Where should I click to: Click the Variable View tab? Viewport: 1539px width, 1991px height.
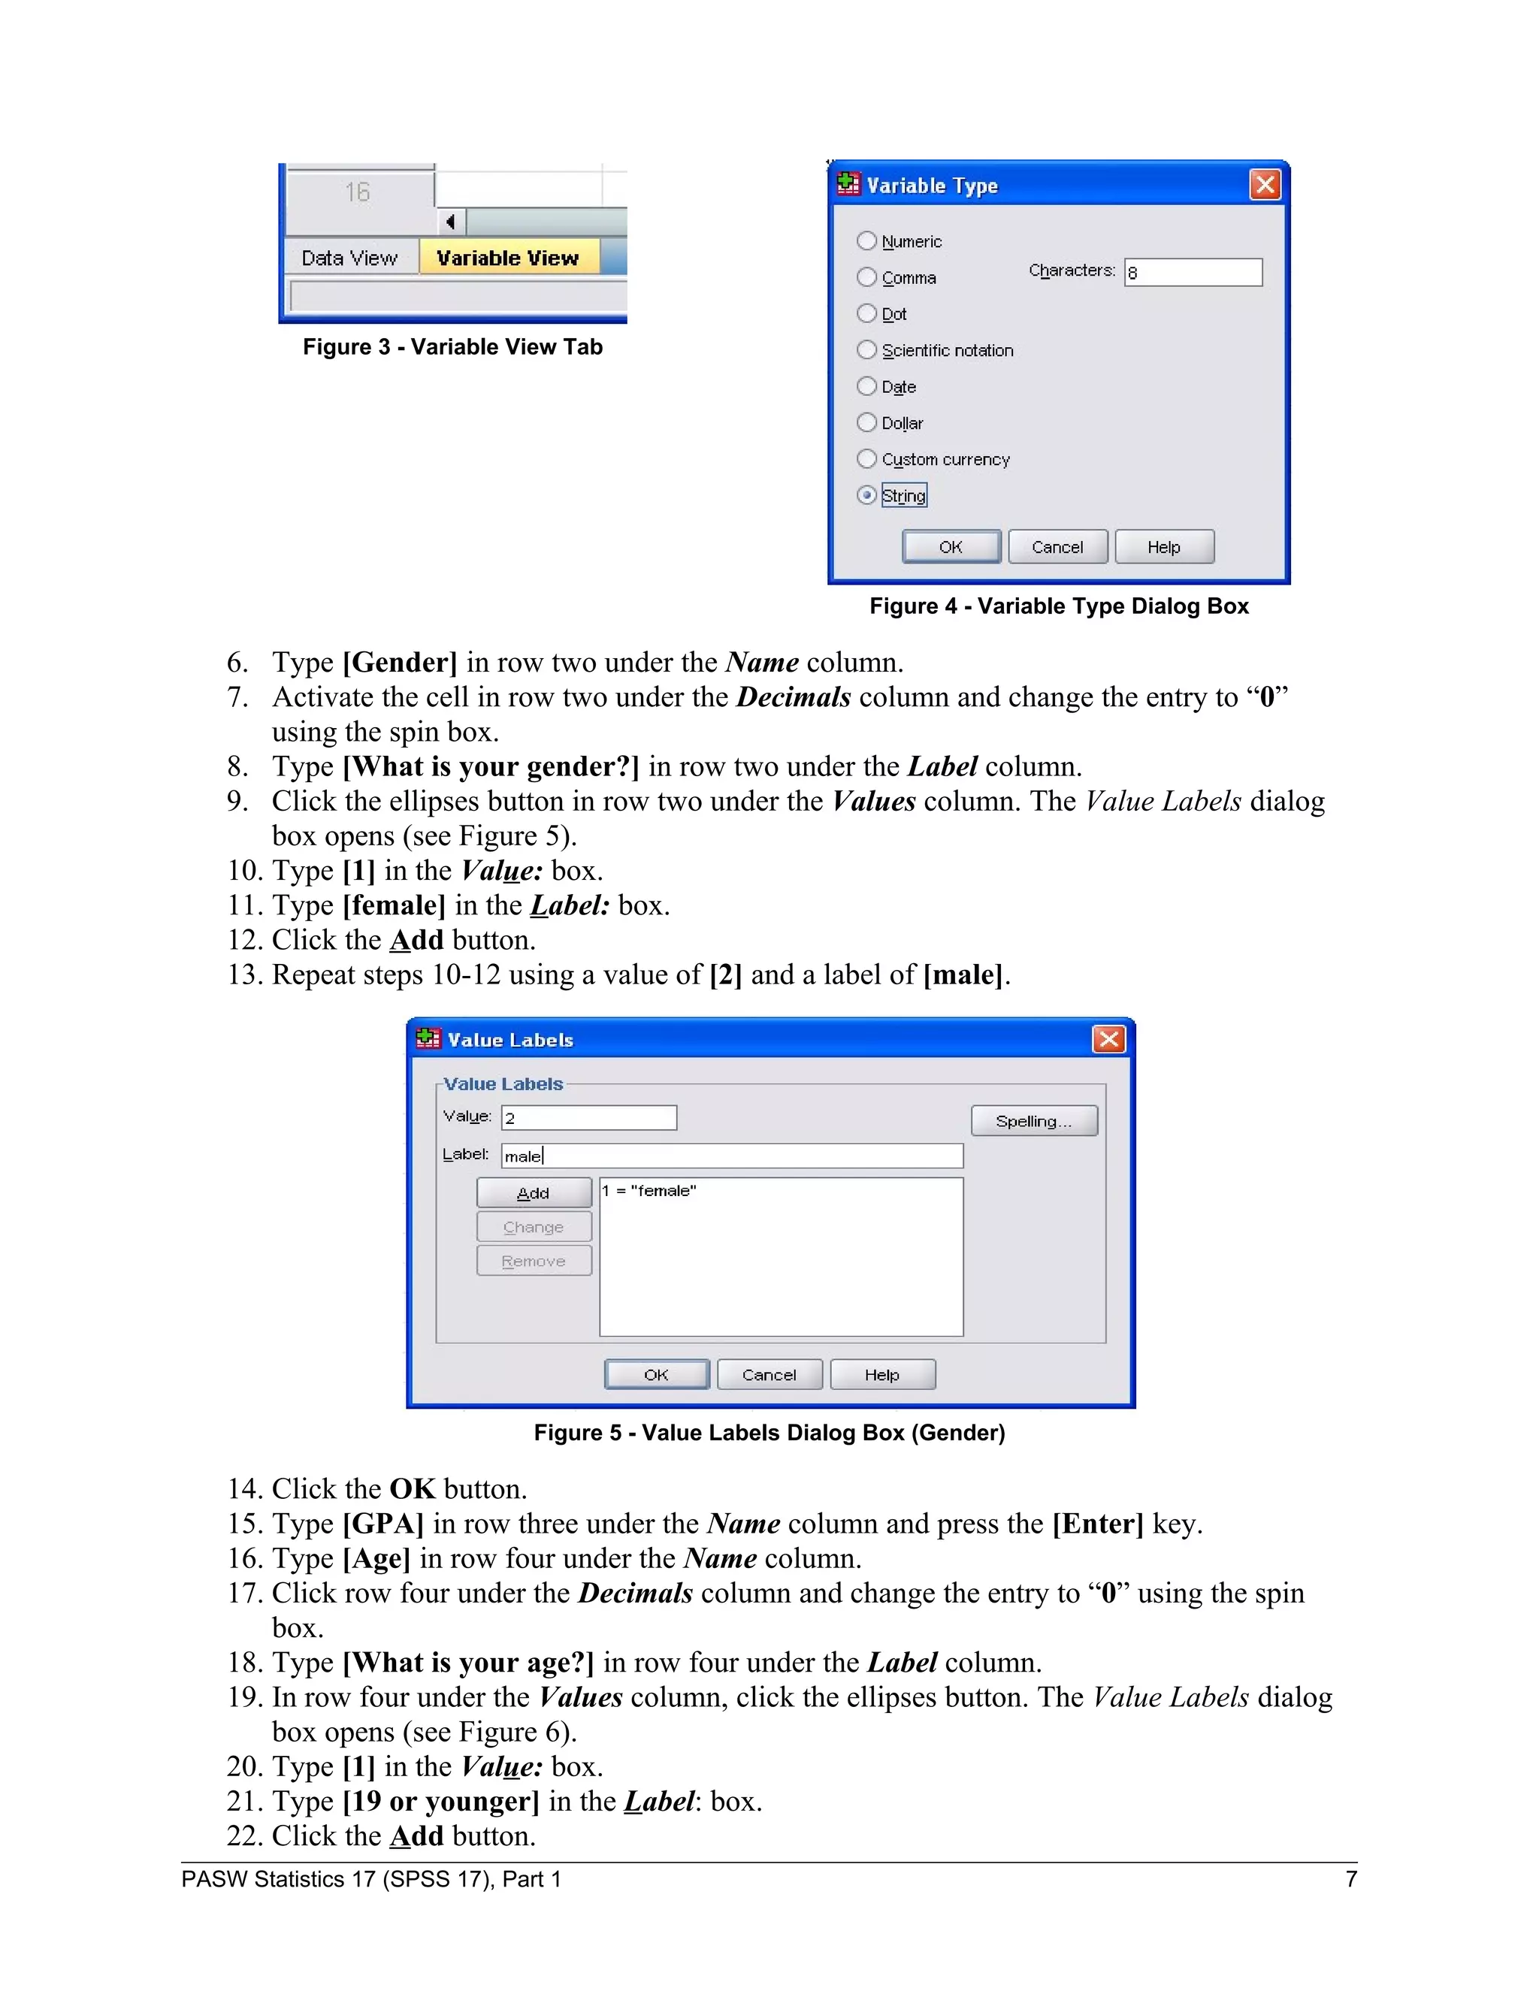point(508,258)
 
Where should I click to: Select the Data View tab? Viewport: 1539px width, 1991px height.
point(349,258)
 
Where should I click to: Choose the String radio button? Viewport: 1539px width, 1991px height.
point(867,495)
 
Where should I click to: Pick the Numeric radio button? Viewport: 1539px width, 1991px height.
point(867,240)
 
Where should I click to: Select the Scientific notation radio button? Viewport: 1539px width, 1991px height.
point(867,350)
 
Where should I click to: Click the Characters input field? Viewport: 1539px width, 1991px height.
point(1193,273)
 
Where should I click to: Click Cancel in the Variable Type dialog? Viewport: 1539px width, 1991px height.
point(1057,547)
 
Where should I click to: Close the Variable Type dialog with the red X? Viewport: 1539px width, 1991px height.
point(1265,185)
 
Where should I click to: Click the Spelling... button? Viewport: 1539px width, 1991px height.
point(1034,1121)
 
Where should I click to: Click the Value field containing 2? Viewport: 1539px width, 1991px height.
point(589,1118)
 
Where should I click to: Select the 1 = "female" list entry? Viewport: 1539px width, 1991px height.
point(649,1191)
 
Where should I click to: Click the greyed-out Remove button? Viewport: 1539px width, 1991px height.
point(534,1261)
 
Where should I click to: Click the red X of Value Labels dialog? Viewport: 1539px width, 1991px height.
point(1108,1039)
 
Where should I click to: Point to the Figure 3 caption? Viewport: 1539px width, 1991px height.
point(452,347)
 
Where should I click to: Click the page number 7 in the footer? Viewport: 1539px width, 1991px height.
point(1351,1879)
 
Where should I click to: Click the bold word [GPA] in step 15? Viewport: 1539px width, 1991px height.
point(383,1524)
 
